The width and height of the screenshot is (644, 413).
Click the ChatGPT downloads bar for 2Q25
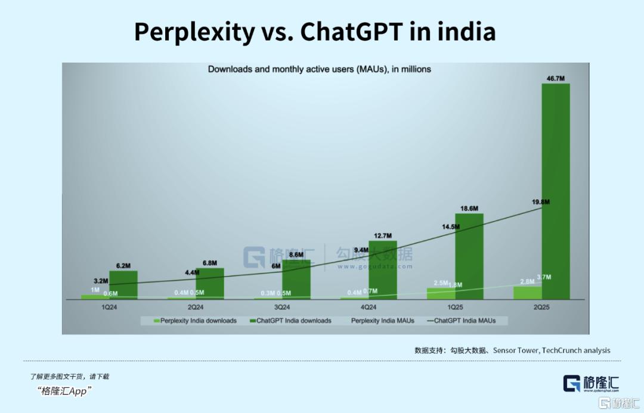click(555, 191)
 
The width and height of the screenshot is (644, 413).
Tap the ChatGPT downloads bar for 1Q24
click(123, 285)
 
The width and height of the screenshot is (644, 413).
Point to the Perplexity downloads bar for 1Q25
click(441, 293)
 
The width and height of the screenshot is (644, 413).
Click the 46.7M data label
click(555, 78)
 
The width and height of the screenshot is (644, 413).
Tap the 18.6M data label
click(469, 208)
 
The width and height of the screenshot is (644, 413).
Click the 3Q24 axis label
click(282, 308)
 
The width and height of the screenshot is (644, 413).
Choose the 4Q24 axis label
click(369, 308)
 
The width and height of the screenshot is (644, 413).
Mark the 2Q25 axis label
click(541, 308)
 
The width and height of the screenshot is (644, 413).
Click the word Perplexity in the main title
click(193, 32)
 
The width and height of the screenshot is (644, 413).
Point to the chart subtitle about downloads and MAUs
click(319, 69)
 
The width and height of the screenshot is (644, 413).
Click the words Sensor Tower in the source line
click(516, 350)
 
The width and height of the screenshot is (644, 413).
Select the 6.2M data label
click(123, 265)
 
